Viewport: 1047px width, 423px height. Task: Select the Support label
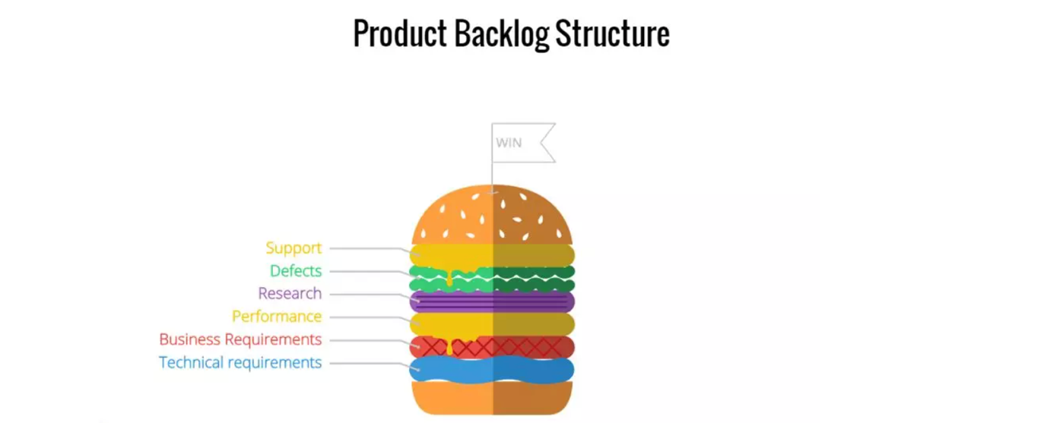tap(293, 248)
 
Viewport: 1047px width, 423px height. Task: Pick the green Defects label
tap(296, 271)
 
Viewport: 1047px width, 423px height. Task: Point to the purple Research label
tap(290, 294)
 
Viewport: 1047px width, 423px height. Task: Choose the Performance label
tap(277, 317)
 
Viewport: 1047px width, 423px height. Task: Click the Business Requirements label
tap(240, 339)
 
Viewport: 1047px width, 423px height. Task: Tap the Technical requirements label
tap(240, 363)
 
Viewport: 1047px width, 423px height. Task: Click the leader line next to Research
tap(365, 294)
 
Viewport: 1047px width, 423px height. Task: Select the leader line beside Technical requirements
tap(365, 363)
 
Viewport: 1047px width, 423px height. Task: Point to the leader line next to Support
tap(365, 248)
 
